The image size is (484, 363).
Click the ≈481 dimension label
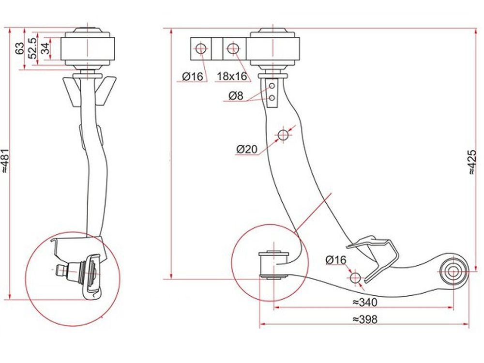click(5, 161)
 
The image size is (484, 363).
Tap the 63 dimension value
click(19, 48)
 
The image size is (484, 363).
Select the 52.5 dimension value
click(33, 48)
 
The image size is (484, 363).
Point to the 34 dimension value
click(45, 48)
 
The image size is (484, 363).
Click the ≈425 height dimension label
click(472, 162)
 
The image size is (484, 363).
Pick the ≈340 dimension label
click(365, 302)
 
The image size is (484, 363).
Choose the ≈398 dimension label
click(365, 319)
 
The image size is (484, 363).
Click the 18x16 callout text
click(232, 76)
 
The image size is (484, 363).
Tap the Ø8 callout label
click(236, 96)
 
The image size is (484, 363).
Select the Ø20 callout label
click(247, 149)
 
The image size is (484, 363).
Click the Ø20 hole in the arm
click(283, 135)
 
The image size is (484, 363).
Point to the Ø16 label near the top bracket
click(192, 76)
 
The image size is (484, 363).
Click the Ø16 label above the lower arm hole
click(336, 260)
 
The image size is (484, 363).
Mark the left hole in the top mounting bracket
click(201, 48)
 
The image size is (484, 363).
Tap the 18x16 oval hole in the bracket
click(233, 48)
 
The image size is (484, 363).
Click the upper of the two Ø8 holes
click(272, 86)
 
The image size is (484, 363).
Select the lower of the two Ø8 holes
click(272, 98)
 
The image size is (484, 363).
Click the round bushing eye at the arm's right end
click(453, 272)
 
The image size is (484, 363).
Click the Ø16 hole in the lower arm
click(355, 278)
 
